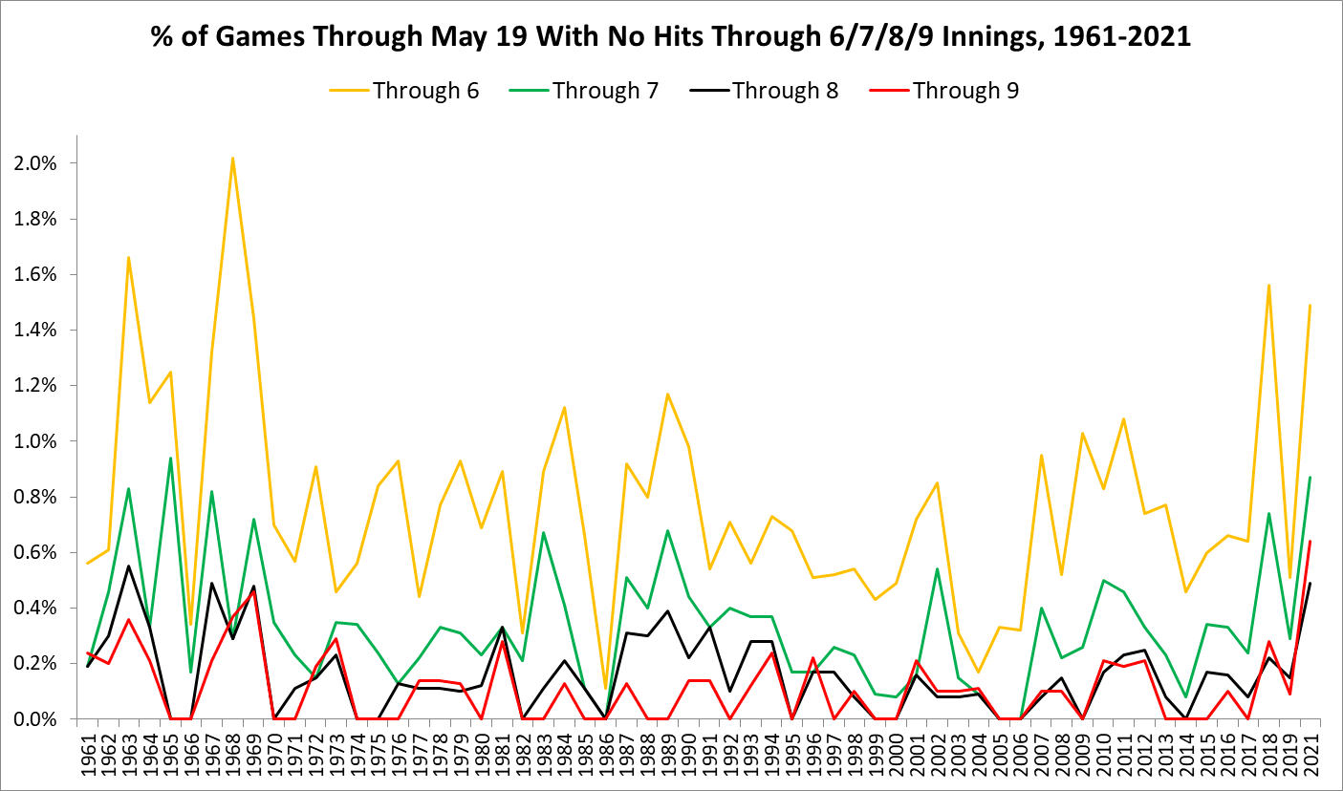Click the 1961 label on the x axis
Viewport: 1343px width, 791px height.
pyautogui.click(x=87, y=756)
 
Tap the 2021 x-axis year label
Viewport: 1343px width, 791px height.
pyautogui.click(x=1310, y=756)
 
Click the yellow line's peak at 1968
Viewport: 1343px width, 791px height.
pyautogui.click(x=232, y=158)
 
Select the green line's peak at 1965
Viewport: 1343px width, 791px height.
pyautogui.click(x=171, y=458)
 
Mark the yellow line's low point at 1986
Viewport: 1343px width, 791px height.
pyautogui.click(x=606, y=689)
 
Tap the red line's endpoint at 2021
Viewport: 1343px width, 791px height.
pyautogui.click(x=1310, y=542)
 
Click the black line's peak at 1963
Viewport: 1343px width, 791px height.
pyautogui.click(x=128, y=566)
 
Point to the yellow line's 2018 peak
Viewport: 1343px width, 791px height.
pyautogui.click(x=1267, y=285)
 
